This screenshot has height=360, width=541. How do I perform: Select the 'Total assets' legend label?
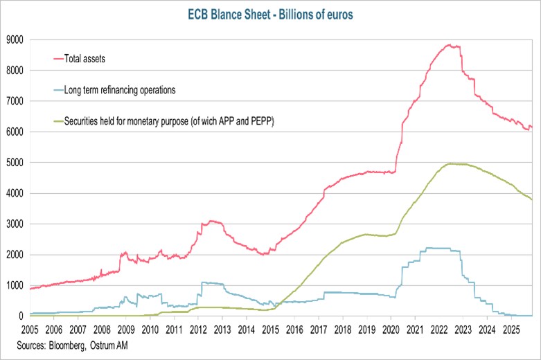(87, 58)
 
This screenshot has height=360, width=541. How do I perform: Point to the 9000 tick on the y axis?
(15, 39)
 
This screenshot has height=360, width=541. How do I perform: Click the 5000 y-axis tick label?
(15, 163)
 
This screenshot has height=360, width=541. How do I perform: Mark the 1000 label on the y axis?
(15, 285)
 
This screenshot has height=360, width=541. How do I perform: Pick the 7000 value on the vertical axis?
(15, 101)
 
